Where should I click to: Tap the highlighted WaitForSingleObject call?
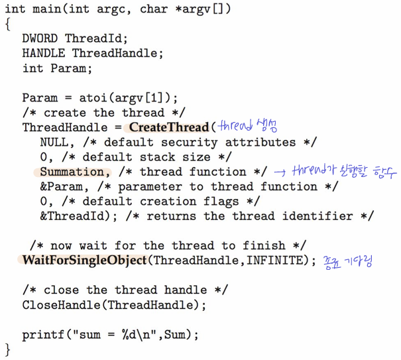(x=84, y=260)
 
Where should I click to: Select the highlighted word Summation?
(x=76, y=172)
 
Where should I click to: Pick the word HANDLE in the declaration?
(x=44, y=53)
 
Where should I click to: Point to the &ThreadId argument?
(x=68, y=216)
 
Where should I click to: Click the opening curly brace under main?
(x=7, y=25)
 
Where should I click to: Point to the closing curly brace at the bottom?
(x=7, y=349)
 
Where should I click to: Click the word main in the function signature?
(x=47, y=9)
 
